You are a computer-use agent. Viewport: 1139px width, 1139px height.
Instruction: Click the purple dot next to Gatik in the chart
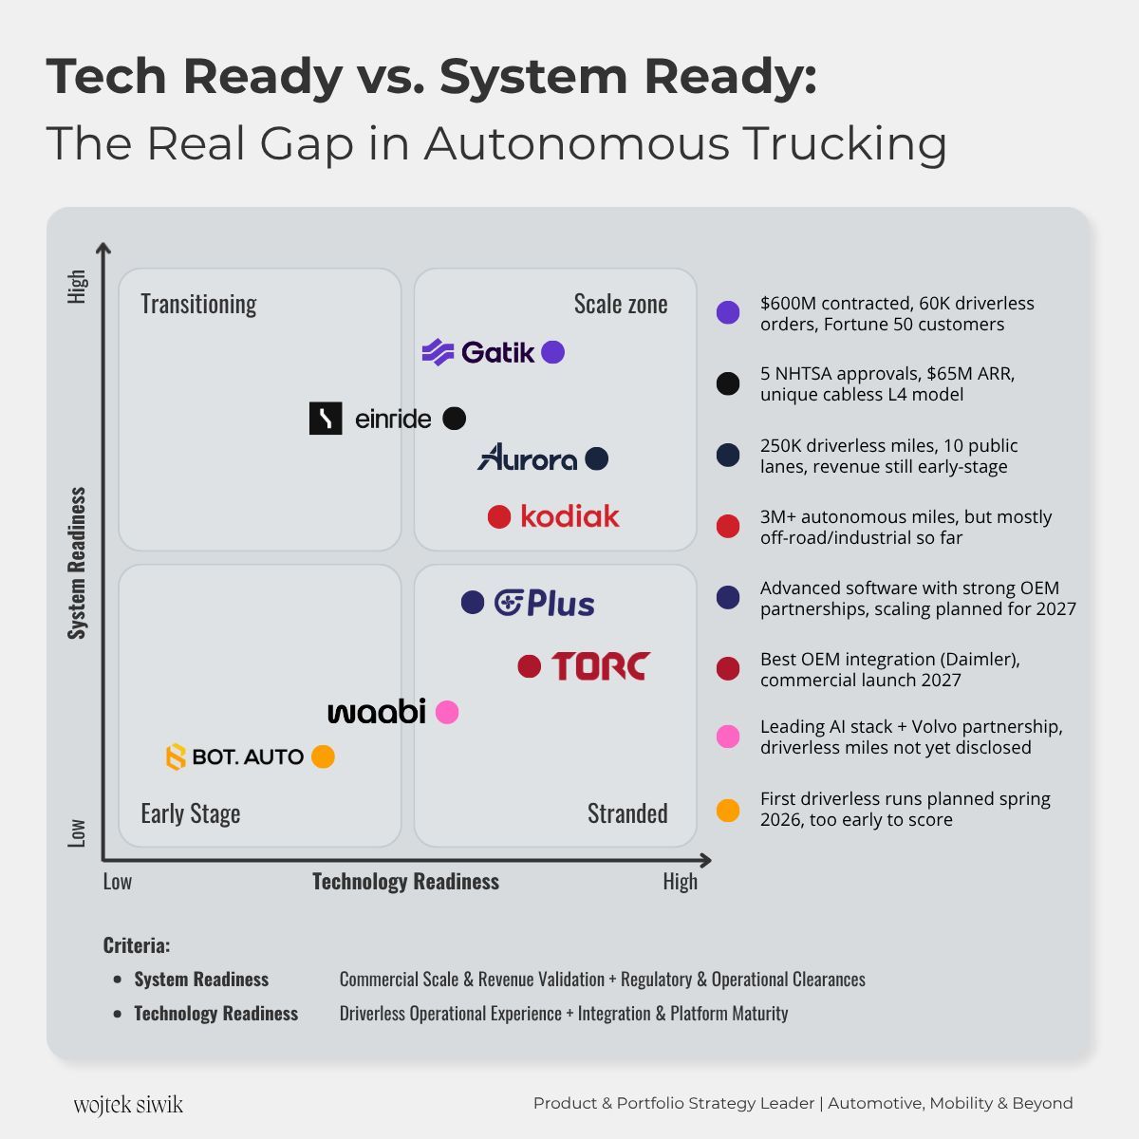click(553, 352)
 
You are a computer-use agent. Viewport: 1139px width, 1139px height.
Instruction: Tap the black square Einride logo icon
click(326, 419)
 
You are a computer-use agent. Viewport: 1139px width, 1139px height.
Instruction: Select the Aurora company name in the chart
click(528, 458)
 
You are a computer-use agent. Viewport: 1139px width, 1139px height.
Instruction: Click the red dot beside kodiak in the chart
click(499, 516)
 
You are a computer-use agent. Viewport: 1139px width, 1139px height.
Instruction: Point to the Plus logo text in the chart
click(546, 603)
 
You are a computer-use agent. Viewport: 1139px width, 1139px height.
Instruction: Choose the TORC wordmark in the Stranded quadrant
click(600, 666)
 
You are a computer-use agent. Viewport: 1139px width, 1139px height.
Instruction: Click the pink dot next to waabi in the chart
click(447, 712)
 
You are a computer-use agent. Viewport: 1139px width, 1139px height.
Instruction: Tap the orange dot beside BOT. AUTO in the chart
click(324, 756)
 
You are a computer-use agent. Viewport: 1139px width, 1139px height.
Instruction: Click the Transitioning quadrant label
click(198, 304)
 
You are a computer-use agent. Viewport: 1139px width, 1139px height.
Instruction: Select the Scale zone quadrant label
click(621, 304)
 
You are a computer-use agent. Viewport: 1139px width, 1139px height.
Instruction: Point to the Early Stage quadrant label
click(191, 813)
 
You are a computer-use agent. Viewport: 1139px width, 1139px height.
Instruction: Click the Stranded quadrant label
click(627, 813)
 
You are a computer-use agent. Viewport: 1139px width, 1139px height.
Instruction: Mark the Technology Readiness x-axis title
click(405, 882)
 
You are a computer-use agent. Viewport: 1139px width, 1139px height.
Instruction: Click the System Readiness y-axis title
click(77, 563)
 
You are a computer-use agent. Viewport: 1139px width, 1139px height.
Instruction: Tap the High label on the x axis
click(680, 882)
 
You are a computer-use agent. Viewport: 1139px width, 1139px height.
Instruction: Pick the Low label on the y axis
click(77, 832)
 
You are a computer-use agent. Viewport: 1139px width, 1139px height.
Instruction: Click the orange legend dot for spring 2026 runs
click(728, 811)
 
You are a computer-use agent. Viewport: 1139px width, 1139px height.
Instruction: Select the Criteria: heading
click(137, 945)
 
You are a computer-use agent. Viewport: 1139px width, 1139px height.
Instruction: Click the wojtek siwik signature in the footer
click(128, 1105)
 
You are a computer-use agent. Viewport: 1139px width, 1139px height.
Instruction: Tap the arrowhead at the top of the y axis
click(103, 249)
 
